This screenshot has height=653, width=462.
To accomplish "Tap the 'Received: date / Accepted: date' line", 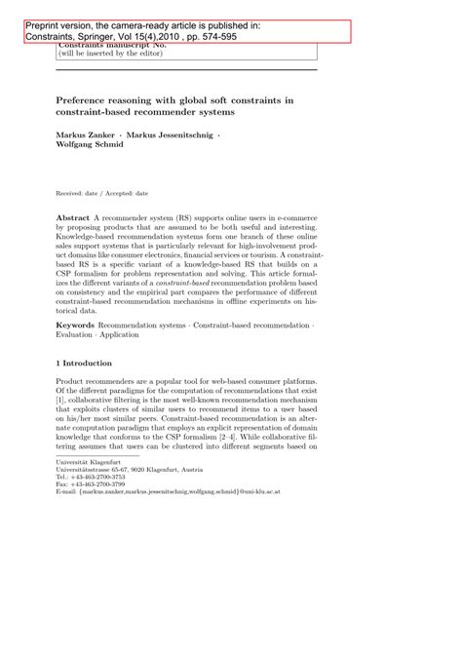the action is pos(99,195).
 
